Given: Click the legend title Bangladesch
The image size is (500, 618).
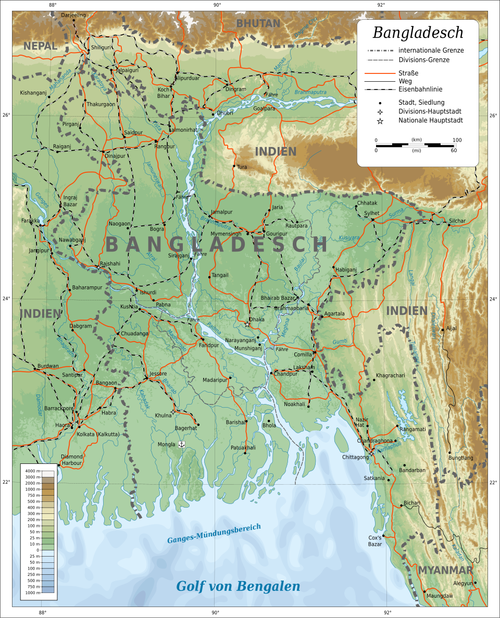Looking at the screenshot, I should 418,32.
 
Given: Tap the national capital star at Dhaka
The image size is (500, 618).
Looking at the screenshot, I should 247,324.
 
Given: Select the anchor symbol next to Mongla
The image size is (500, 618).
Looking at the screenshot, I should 182,444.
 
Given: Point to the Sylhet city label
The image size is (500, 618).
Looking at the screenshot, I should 372,213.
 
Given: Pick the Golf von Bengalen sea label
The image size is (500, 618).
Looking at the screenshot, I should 238,586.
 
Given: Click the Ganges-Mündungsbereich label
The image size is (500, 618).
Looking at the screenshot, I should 214,534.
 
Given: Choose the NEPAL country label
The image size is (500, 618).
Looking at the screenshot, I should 40,46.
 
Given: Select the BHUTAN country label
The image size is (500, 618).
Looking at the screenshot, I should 258,23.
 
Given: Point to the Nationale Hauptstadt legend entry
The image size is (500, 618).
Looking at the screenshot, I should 430,121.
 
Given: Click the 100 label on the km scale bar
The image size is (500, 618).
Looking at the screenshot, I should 457,140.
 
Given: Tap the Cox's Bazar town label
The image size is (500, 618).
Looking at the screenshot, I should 375,540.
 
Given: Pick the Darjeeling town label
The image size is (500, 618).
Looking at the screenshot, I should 73,15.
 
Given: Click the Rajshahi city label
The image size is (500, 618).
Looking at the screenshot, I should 110,263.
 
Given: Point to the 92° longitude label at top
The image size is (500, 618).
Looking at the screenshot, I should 381,5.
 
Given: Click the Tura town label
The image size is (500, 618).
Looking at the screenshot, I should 242,167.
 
